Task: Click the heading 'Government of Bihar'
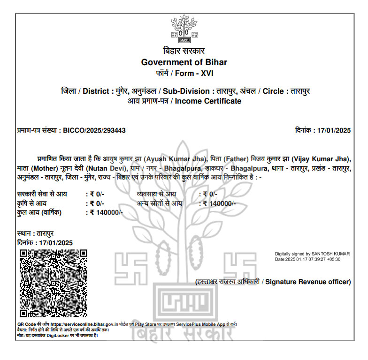coord(184,62)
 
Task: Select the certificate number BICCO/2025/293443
coord(94,130)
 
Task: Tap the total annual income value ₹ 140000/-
coord(106,212)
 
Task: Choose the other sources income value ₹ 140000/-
coord(219,203)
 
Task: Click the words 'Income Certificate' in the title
coord(208,101)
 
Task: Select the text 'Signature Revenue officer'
coord(308,282)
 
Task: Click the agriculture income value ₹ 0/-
coord(97,203)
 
